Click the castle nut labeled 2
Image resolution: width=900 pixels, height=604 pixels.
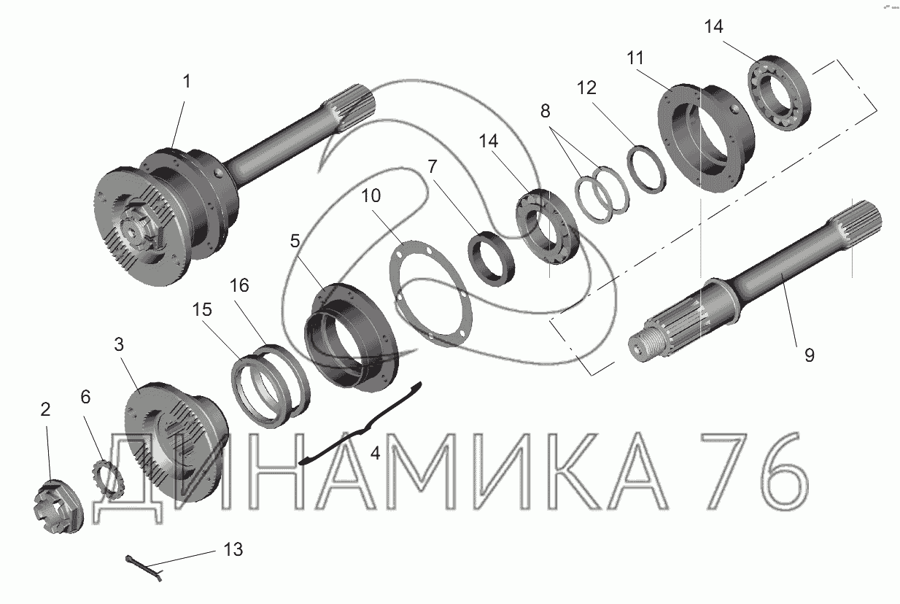tap(58, 505)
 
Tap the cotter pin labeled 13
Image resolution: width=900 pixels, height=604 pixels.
tap(144, 567)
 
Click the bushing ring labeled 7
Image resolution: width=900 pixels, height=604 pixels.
tap(492, 259)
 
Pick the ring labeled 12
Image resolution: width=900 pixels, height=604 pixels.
tap(646, 169)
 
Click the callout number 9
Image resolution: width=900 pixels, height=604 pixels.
tap(809, 356)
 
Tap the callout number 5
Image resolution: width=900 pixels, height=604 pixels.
tap(295, 241)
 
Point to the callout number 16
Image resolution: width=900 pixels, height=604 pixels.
tap(239, 285)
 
